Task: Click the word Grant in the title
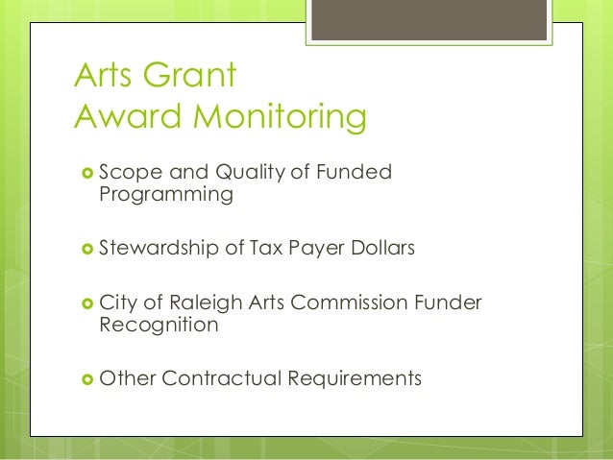pyautogui.click(x=185, y=76)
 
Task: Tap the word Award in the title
pyautogui.click(x=125, y=118)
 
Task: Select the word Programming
pyautogui.click(x=166, y=195)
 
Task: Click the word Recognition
pyautogui.click(x=159, y=325)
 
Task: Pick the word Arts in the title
pyautogui.click(x=106, y=76)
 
